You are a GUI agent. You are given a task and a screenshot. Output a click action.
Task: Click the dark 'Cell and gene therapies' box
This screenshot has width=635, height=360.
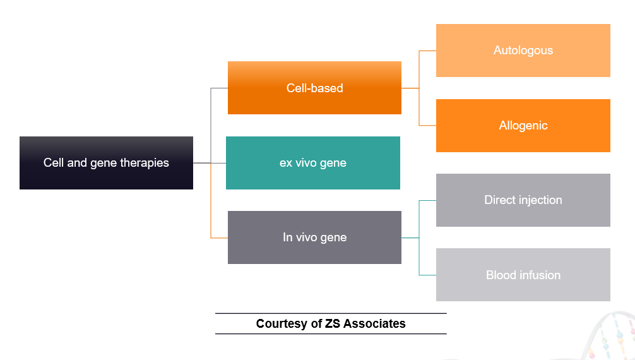coord(106,162)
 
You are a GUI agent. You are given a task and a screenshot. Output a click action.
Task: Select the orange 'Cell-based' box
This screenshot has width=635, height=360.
coord(314,88)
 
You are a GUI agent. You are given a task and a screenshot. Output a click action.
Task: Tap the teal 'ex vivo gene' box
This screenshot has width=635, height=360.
coord(312,162)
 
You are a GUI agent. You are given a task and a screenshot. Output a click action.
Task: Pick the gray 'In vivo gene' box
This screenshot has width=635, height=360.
coord(314,237)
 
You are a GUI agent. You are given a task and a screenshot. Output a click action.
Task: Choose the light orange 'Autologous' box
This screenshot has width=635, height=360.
coord(523,51)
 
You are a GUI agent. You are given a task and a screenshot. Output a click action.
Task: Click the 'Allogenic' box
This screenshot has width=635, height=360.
coord(523,125)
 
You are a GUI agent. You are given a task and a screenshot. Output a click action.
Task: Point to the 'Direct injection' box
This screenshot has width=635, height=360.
coord(523,200)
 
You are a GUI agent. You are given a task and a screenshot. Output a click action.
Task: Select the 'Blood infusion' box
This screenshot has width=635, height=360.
coord(523,275)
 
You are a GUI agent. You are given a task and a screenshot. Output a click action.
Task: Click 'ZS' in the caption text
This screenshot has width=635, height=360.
coord(332,324)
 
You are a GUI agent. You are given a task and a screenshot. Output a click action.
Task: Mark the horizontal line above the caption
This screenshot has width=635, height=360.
coord(331,313)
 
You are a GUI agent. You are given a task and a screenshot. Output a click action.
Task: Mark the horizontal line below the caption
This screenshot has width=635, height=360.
coord(331,333)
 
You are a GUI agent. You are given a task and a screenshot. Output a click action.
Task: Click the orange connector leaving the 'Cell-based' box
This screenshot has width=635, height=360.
coord(410,88)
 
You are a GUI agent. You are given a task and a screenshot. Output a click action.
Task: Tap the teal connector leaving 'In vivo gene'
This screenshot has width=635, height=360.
coord(410,237)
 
